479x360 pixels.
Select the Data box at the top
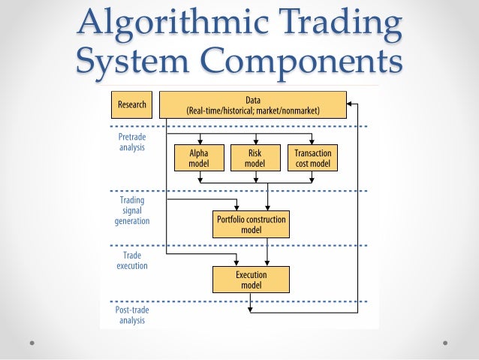[252, 104]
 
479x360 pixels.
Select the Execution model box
[252, 280]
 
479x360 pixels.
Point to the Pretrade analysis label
[131, 142]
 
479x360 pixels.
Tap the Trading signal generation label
[131, 211]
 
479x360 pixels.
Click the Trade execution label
[131, 260]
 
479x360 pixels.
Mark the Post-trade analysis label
[131, 316]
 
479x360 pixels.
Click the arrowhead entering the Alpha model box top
[200, 141]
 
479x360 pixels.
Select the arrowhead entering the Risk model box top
[256, 141]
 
